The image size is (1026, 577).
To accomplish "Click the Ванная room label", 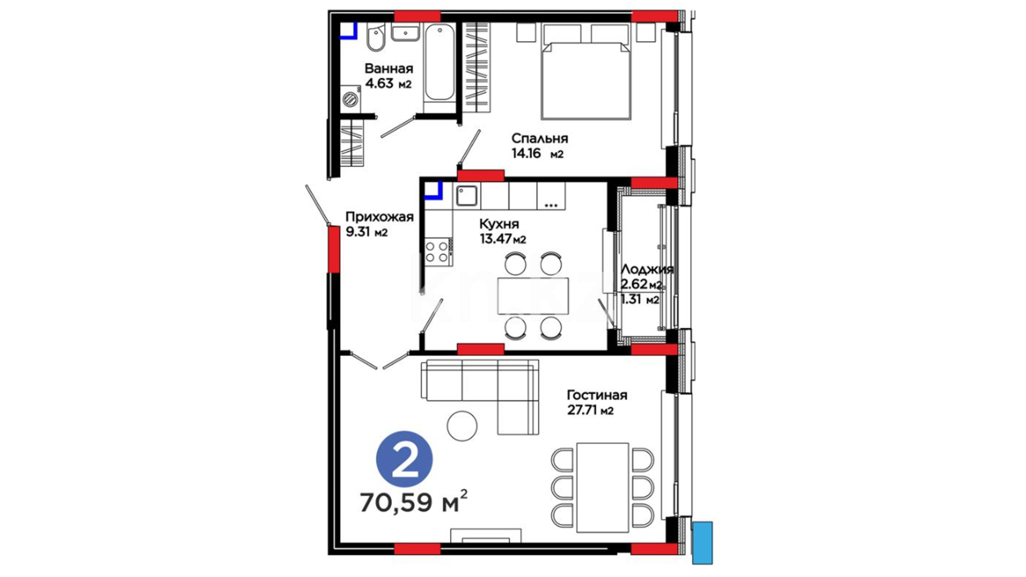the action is click(x=388, y=68).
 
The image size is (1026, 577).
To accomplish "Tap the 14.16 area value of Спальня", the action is click(x=526, y=154).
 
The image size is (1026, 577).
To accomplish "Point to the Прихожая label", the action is click(x=379, y=217).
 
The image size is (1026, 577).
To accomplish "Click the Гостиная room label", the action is click(x=597, y=395).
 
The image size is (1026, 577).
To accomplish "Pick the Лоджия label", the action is click(x=647, y=270).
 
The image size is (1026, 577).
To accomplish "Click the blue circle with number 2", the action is click(x=405, y=460).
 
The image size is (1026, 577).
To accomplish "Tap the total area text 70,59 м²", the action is click(x=414, y=502).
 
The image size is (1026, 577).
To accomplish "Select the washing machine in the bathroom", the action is click(x=351, y=99).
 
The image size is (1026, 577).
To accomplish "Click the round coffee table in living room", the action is click(x=462, y=426).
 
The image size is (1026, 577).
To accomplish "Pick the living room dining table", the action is click(x=603, y=487).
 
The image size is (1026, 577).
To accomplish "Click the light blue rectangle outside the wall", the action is click(x=702, y=542).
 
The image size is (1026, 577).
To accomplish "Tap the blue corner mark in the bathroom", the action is click(x=349, y=32).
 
